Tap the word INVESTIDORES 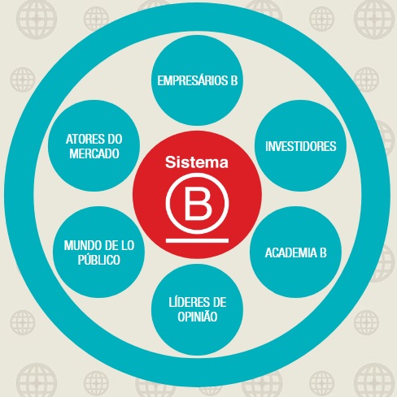[x=301, y=146]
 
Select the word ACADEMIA [x=291, y=252]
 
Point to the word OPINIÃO [x=198, y=316]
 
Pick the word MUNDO [x=80, y=245]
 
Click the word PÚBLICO [x=99, y=259]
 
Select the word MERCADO [x=94, y=153]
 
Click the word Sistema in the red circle [x=197, y=162]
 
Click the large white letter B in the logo [x=198, y=204]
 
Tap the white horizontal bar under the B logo [x=197, y=240]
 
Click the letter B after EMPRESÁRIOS [x=234, y=80]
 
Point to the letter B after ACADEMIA [x=323, y=252]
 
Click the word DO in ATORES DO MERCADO [x=115, y=139]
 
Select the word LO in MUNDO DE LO [x=128, y=245]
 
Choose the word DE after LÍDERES [x=219, y=302]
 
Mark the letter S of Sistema [x=170, y=162]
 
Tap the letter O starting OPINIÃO [x=181, y=317]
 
